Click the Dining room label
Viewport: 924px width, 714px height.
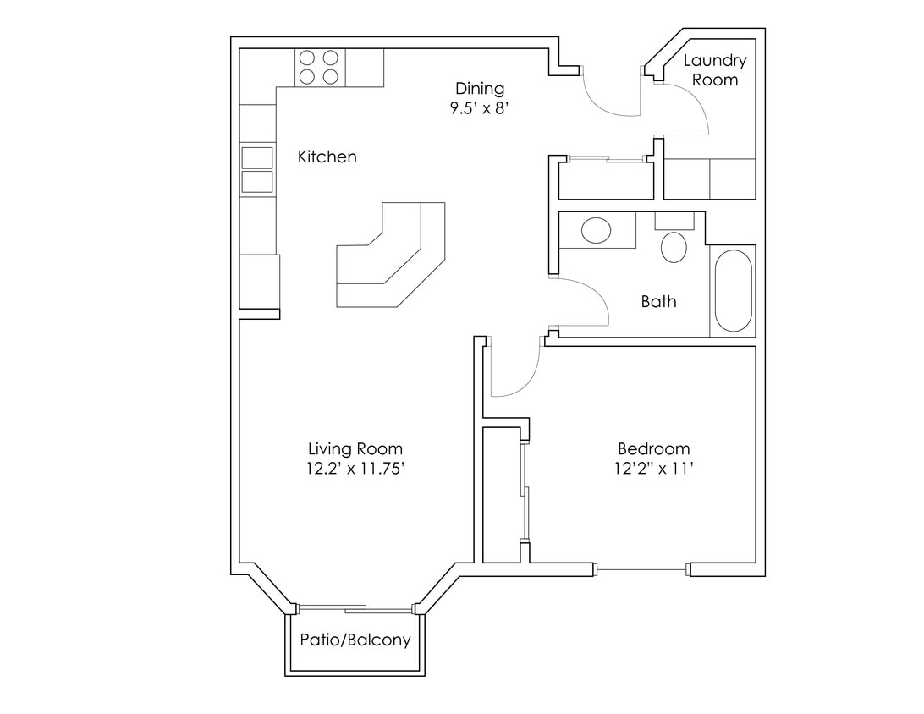click(x=480, y=89)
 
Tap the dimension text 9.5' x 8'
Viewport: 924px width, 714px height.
click(x=480, y=108)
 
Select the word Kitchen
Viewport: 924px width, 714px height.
click(x=327, y=157)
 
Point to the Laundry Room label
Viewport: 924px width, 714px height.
click(x=715, y=70)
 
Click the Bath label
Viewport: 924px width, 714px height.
click(x=658, y=301)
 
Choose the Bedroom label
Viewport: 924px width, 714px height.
click(x=653, y=449)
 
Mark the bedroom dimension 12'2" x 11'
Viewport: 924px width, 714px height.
click(x=653, y=469)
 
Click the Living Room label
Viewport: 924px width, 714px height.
click(x=355, y=449)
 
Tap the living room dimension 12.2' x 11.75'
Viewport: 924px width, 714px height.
click(x=355, y=469)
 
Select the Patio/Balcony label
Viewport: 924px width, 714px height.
click(x=355, y=640)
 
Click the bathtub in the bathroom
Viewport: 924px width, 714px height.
click(x=733, y=292)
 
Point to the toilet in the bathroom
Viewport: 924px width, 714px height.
click(x=674, y=244)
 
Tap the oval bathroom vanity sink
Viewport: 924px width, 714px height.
click(x=597, y=230)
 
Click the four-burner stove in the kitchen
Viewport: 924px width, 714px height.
click(x=319, y=68)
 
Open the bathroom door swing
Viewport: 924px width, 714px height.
click(x=580, y=302)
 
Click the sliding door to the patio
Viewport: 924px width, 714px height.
click(x=355, y=607)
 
